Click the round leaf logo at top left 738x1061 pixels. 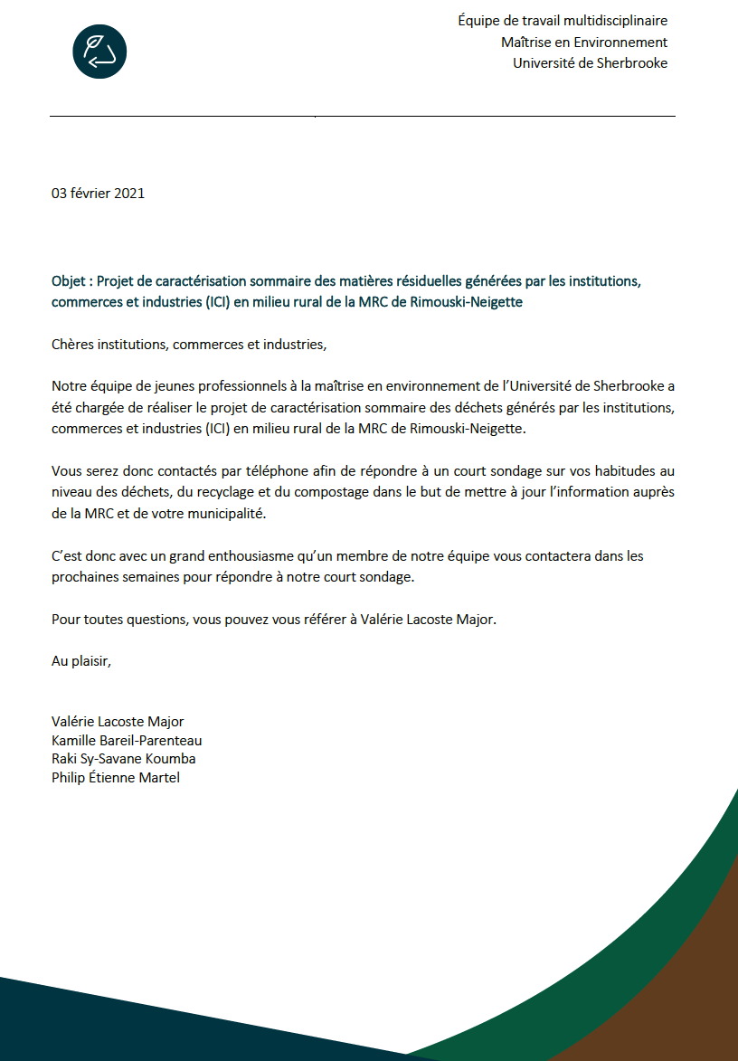point(99,51)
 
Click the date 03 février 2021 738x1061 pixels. point(98,193)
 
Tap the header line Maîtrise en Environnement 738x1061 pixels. point(584,43)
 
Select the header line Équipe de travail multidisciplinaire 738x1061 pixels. point(563,21)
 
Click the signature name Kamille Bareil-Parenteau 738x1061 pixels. point(127,740)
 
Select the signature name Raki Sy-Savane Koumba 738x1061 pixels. point(124,759)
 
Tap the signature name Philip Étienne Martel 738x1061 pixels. point(116,777)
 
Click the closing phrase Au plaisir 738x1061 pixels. point(81,661)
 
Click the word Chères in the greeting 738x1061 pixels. point(72,345)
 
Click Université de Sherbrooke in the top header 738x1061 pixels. point(590,63)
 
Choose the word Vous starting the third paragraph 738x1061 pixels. point(67,471)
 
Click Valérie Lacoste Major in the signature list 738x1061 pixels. point(118,722)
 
